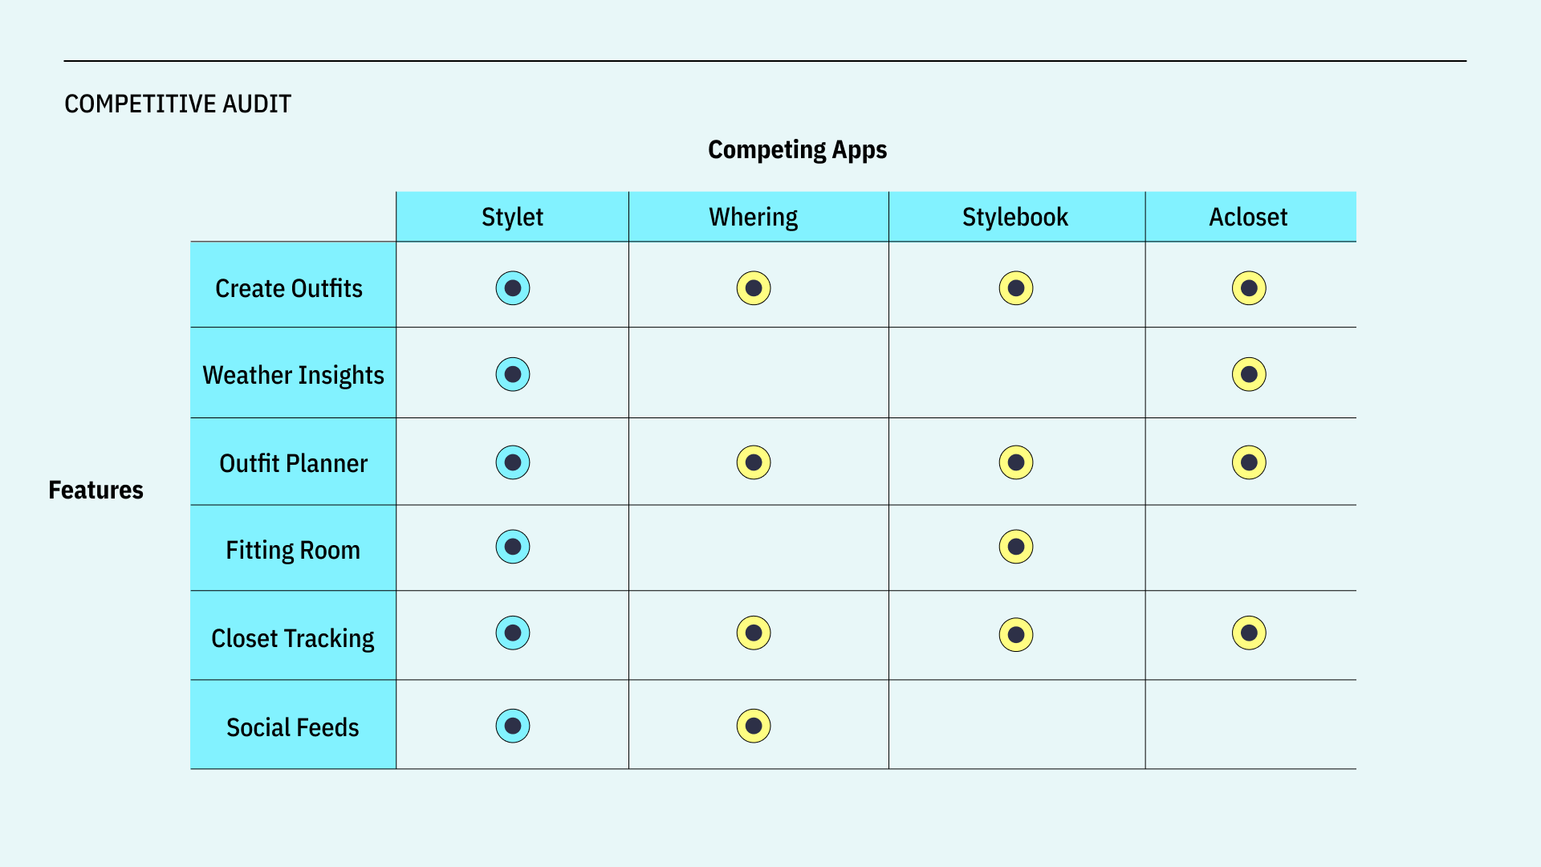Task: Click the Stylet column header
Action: click(x=512, y=217)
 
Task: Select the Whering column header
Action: click(x=753, y=217)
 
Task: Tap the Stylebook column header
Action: click(x=1015, y=217)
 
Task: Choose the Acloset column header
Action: click(x=1248, y=217)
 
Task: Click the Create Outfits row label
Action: click(x=289, y=288)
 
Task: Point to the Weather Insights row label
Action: click(x=293, y=375)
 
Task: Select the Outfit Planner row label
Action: click(x=293, y=463)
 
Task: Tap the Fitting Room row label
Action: click(x=293, y=550)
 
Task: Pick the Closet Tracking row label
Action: click(x=293, y=638)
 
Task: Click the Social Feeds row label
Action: click(x=293, y=727)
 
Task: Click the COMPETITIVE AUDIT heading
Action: click(x=177, y=104)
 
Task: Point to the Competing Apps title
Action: click(x=797, y=150)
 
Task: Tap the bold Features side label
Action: click(x=96, y=490)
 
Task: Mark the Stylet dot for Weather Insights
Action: click(x=513, y=374)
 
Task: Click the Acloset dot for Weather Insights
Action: click(x=1249, y=374)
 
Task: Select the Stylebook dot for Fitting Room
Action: click(x=1016, y=547)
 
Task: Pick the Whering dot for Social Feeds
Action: click(x=754, y=726)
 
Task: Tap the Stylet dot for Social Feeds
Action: click(x=513, y=726)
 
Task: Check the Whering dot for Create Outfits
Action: click(x=754, y=288)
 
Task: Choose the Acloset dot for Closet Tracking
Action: click(x=1249, y=633)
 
